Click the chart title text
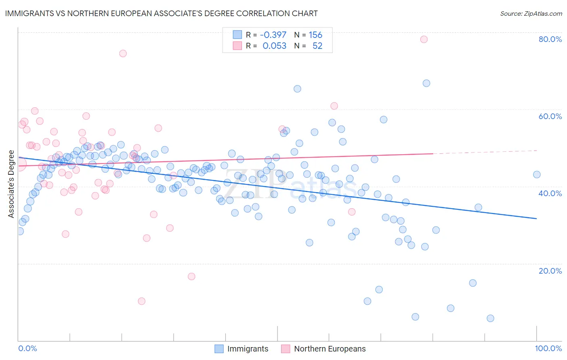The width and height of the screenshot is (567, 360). [161, 13]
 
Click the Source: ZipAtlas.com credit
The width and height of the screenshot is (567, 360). [531, 13]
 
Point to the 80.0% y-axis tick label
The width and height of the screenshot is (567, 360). [550, 39]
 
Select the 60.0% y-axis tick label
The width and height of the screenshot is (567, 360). [550, 116]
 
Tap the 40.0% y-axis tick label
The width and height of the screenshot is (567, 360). [550, 193]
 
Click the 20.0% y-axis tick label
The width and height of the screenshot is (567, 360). [550, 270]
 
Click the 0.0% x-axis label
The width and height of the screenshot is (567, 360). [27, 348]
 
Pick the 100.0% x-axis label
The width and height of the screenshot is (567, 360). [548, 348]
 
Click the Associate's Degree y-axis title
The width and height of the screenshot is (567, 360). [11, 184]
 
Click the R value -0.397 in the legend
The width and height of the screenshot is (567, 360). [273, 35]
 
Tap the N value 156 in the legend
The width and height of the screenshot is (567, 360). [315, 35]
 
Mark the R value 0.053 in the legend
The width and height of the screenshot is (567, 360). [274, 46]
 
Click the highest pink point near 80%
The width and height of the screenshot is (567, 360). [424, 39]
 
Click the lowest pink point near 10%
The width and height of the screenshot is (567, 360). [142, 301]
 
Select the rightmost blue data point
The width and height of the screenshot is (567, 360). [537, 175]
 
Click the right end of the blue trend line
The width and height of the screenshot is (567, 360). [536, 218]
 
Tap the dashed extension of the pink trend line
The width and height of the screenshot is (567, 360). [484, 152]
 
